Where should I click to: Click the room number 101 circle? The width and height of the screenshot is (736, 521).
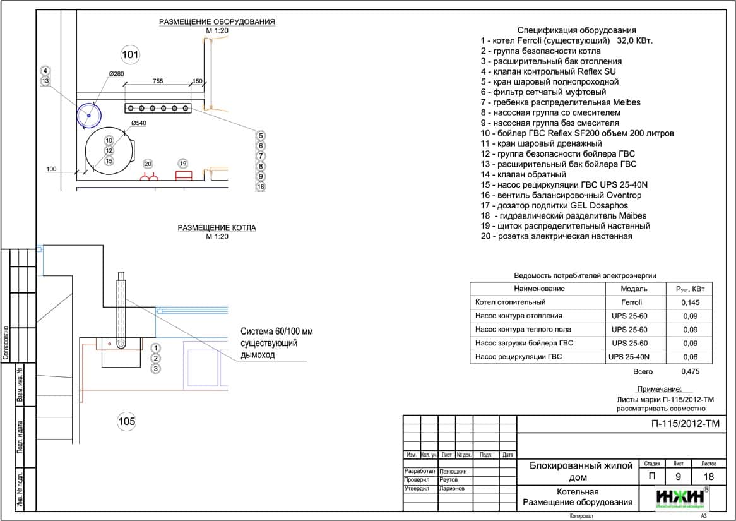click(x=130, y=55)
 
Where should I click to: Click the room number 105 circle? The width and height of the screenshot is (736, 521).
click(x=127, y=421)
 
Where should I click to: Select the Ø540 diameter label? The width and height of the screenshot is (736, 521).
click(x=138, y=123)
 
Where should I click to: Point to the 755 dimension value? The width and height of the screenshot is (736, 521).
click(x=158, y=81)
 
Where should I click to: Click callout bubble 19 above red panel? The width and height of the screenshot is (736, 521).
click(x=183, y=164)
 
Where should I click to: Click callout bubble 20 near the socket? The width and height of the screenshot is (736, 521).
click(x=148, y=164)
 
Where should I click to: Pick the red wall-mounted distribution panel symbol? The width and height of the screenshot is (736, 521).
click(x=184, y=176)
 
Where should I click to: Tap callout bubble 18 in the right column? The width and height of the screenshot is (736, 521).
click(x=261, y=186)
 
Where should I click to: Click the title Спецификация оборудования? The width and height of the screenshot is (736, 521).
click(x=576, y=30)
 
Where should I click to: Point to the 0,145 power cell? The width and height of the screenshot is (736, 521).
click(x=689, y=302)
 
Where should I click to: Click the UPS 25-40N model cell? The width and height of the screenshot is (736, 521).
click(x=629, y=357)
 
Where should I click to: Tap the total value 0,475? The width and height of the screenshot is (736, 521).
click(x=691, y=372)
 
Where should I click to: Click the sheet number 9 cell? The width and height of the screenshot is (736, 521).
click(x=679, y=477)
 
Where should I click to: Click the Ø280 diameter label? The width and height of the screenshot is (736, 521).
click(x=117, y=74)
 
